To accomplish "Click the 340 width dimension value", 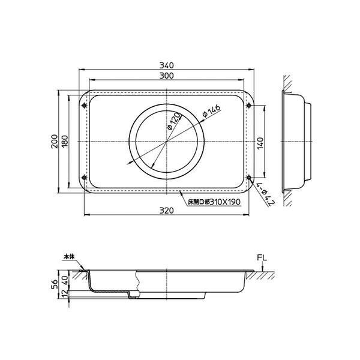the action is pyautogui.click(x=167, y=65).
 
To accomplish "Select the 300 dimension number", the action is pyautogui.click(x=167, y=76).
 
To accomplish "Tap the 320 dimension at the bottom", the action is pyautogui.click(x=167, y=211).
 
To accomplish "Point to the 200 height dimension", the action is pyautogui.click(x=55, y=141).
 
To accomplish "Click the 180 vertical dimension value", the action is pyautogui.click(x=65, y=141).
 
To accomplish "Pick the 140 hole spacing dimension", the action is pyautogui.click(x=260, y=143).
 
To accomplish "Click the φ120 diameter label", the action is pyautogui.click(x=175, y=121).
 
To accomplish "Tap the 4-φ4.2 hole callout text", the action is pyautogui.click(x=265, y=194).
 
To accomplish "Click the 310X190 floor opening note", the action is pyautogui.click(x=214, y=202).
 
